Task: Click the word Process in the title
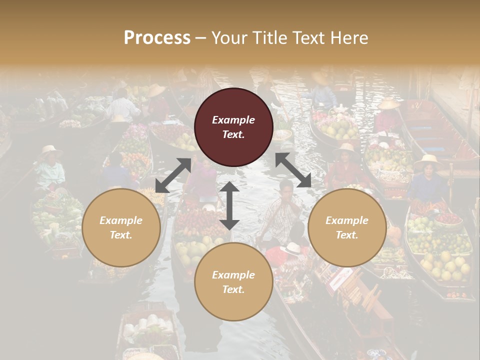click(x=157, y=38)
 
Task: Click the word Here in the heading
click(x=348, y=38)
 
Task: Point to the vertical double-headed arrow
click(x=229, y=205)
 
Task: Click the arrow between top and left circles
click(x=173, y=175)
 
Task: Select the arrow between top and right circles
click(x=293, y=170)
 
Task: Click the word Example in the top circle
click(x=233, y=120)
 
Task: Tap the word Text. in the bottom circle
click(x=233, y=289)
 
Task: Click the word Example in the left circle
click(x=121, y=220)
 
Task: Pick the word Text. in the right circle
click(x=347, y=235)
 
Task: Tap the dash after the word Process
click(x=201, y=38)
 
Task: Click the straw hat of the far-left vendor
click(x=51, y=149)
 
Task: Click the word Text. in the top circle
click(x=233, y=134)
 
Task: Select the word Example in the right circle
click(x=347, y=220)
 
